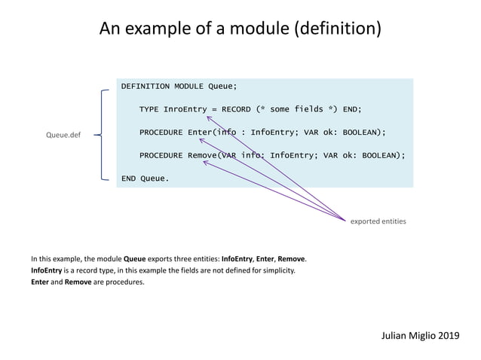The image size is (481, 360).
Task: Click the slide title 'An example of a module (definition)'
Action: coord(240,29)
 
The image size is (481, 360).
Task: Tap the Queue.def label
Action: coord(63,136)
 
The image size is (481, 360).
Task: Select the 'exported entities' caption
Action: coord(378,221)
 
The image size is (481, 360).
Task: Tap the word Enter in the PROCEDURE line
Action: coord(201,133)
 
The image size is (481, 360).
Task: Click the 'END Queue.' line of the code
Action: coord(145,178)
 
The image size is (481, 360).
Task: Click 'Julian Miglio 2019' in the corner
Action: coord(419,334)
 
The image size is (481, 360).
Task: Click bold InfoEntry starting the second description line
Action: coord(48,270)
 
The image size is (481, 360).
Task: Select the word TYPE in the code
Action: coord(149,109)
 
